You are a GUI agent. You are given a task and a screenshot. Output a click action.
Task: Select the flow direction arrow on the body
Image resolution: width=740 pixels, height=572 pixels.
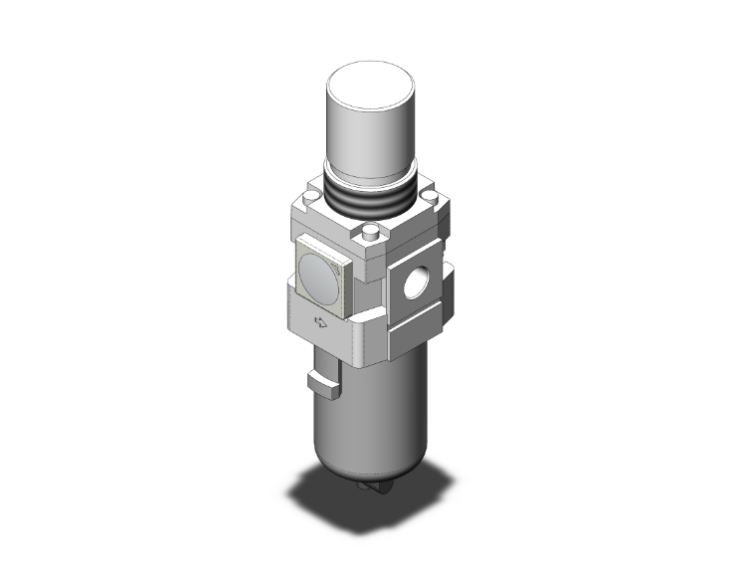(320, 320)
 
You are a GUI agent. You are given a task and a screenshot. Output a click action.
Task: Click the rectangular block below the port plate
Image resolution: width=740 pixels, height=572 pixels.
(418, 338)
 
